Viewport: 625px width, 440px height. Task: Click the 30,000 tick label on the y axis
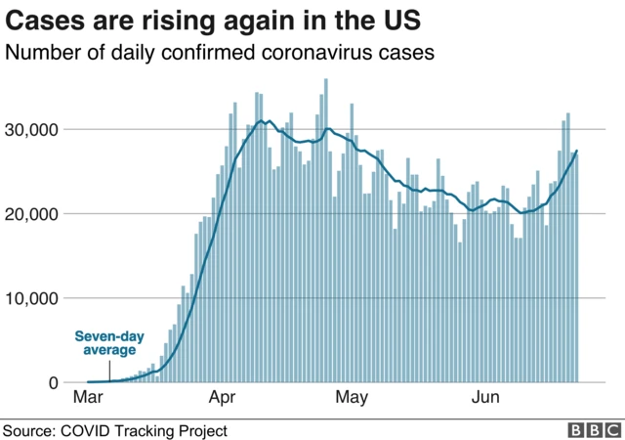click(x=31, y=129)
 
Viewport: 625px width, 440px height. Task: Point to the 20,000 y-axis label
click(x=31, y=214)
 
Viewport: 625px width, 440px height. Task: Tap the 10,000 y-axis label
click(x=31, y=298)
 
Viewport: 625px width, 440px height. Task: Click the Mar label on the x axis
click(x=88, y=399)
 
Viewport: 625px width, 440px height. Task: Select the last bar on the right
click(x=576, y=267)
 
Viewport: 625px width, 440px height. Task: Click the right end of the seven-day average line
click(x=577, y=151)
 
